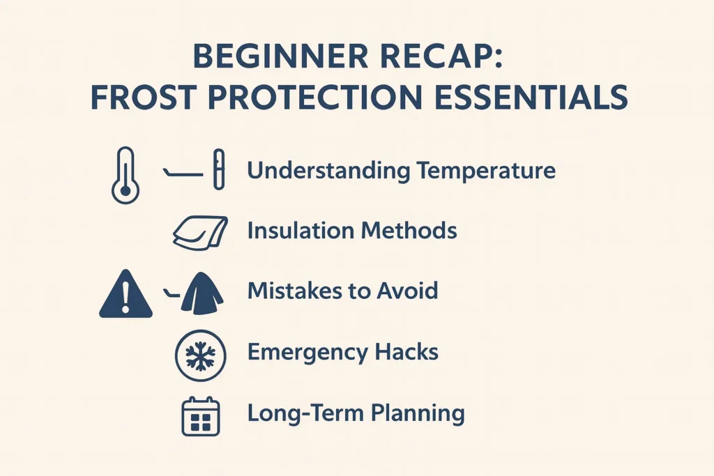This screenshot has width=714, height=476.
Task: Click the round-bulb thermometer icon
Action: (125, 175)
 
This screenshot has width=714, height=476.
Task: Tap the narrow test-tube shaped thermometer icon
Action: (218, 169)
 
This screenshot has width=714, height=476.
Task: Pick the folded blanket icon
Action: (200, 232)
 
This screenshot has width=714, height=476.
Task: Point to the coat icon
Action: (202, 293)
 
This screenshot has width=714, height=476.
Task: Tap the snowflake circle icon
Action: (200, 355)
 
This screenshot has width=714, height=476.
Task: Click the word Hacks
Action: (406, 351)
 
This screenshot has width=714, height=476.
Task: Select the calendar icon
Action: (200, 416)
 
